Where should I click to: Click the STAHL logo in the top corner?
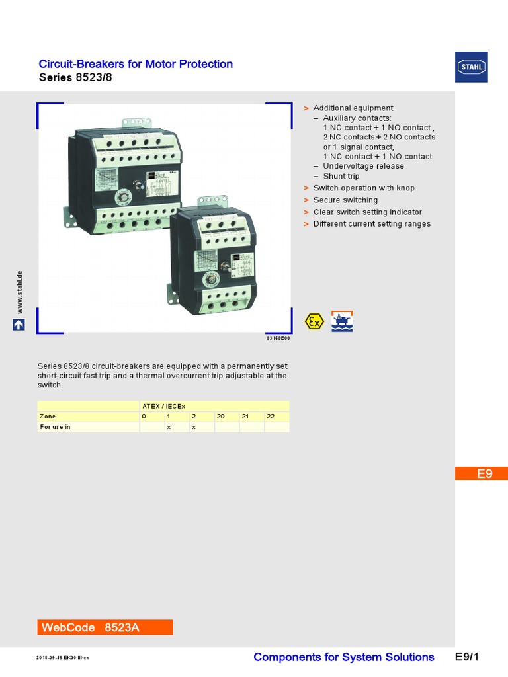pyautogui.click(x=471, y=67)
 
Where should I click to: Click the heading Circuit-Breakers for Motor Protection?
pyautogui.click(x=136, y=64)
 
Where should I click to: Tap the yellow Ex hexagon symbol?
pyautogui.click(x=314, y=321)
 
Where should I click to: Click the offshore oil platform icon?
pyautogui.click(x=342, y=321)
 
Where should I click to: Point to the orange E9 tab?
pyautogui.click(x=481, y=473)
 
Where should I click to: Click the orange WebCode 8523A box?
pyautogui.click(x=105, y=627)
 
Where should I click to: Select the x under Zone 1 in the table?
pyautogui.click(x=169, y=427)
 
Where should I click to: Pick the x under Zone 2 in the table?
pyautogui.click(x=194, y=427)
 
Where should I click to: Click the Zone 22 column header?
pyautogui.click(x=271, y=417)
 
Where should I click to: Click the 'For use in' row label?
pyautogui.click(x=56, y=427)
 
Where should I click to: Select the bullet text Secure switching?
pyautogui.click(x=345, y=200)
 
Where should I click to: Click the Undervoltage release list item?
pyautogui.click(x=363, y=166)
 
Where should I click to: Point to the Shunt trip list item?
pyautogui.click(x=341, y=177)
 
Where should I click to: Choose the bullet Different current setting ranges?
pyautogui.click(x=372, y=223)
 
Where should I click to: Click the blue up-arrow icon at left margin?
pyautogui.click(x=19, y=325)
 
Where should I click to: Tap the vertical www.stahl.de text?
pyautogui.click(x=19, y=292)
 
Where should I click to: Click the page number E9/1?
pyautogui.click(x=466, y=657)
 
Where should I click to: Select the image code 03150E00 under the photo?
pyautogui.click(x=278, y=338)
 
